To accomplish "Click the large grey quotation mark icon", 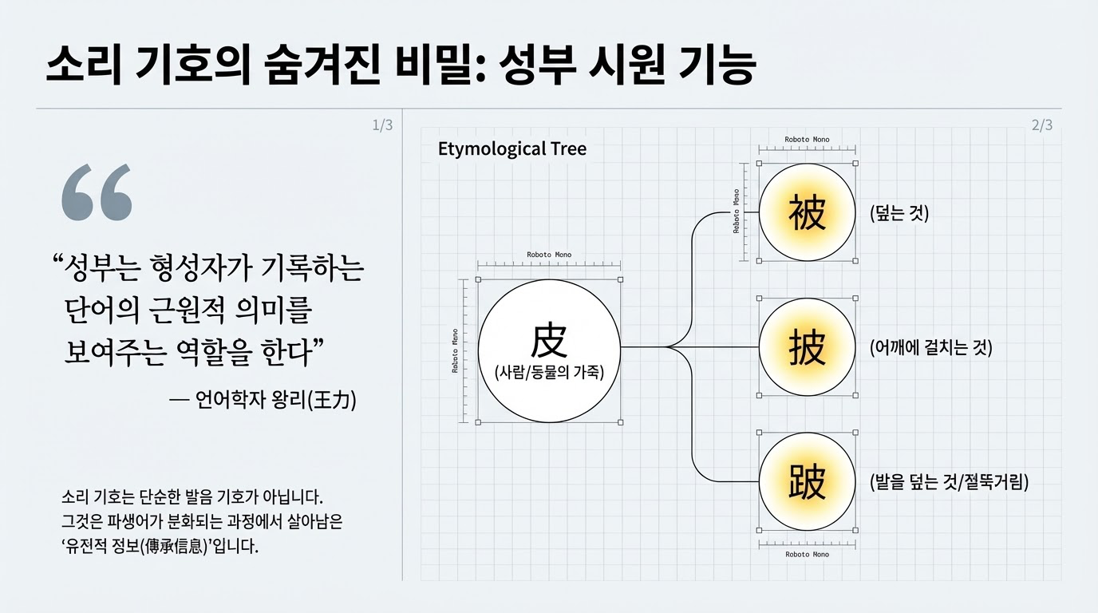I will click(x=97, y=192).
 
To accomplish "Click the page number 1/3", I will click(x=382, y=125).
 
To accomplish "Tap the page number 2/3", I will click(x=1041, y=125).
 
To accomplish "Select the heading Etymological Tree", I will click(x=512, y=148).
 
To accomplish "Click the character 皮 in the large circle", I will click(x=549, y=340).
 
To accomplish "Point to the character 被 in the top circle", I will click(x=807, y=213).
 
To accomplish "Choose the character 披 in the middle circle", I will click(x=807, y=348).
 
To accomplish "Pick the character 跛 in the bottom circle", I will click(x=807, y=482).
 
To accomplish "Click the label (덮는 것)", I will click(x=899, y=213).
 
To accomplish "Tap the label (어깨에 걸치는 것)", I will click(x=930, y=348).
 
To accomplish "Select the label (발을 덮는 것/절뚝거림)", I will click(x=949, y=482).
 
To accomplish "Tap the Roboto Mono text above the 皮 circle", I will click(x=549, y=255).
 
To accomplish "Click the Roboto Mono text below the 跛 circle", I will click(x=807, y=554).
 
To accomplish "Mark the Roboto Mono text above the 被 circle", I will click(x=807, y=140).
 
